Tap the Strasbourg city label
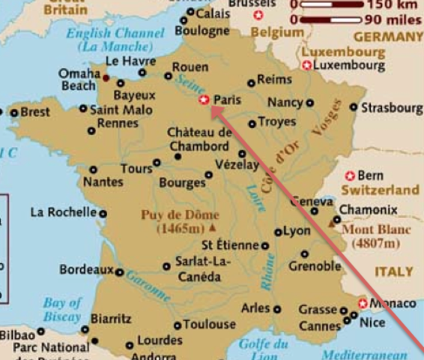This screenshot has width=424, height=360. (x=391, y=108)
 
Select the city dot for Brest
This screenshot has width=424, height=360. (x=13, y=112)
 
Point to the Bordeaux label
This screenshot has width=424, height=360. (x=85, y=269)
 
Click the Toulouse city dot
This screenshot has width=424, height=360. (x=178, y=325)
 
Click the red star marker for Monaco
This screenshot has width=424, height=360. (x=363, y=304)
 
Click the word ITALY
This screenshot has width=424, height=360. (x=393, y=271)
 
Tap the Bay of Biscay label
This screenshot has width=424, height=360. (x=62, y=309)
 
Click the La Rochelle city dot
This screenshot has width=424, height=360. (x=103, y=213)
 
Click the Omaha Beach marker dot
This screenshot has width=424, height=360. (x=106, y=77)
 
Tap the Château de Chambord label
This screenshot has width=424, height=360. (x=199, y=139)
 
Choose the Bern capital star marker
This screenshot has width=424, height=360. (x=350, y=175)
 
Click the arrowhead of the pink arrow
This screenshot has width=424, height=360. (x=213, y=110)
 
